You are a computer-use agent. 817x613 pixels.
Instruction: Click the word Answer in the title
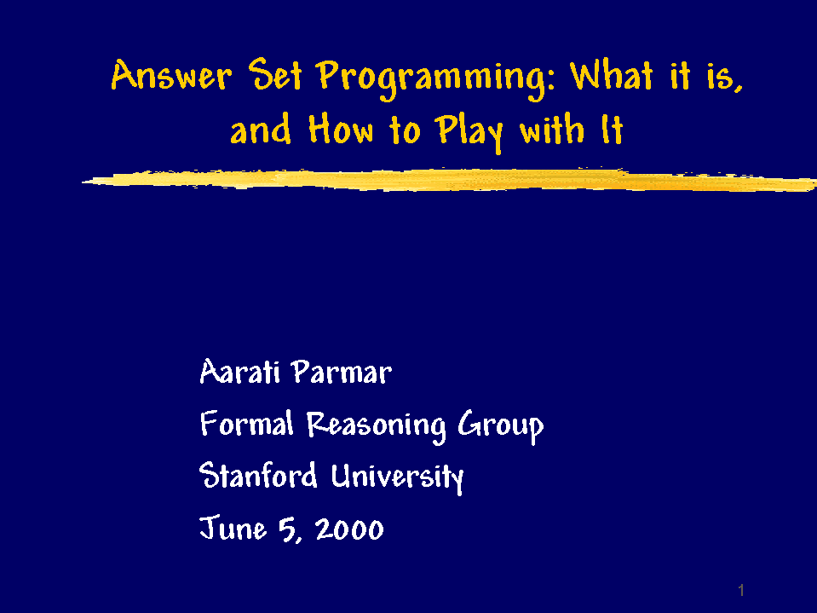[171, 75]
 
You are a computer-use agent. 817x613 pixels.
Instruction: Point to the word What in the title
[611, 75]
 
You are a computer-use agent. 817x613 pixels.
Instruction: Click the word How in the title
[341, 130]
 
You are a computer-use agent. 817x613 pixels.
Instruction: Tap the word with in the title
[552, 130]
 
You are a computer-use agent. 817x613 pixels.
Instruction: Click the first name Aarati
[240, 373]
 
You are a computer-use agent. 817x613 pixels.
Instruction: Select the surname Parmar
[342, 373]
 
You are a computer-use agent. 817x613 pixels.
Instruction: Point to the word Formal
[247, 423]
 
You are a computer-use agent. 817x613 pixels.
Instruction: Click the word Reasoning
[376, 427]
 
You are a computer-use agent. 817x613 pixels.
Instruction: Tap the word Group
[501, 427]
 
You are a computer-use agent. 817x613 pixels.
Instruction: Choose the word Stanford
[258, 475]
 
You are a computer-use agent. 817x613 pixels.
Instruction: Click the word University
[398, 477]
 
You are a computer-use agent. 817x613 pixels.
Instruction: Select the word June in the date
[233, 528]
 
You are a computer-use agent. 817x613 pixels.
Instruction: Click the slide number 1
[741, 591]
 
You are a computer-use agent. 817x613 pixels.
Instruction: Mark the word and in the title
[261, 130]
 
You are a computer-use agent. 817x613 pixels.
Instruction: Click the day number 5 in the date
[288, 530]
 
